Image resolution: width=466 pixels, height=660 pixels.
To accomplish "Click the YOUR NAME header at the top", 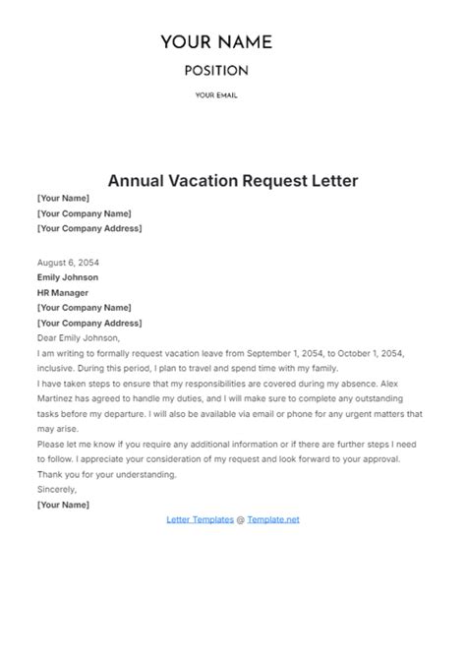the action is (216, 42).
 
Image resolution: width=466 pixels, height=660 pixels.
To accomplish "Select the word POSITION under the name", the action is (216, 71).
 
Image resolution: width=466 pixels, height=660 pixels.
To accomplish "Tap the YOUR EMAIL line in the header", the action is (216, 95).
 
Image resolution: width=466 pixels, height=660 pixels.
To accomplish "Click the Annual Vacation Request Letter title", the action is (233, 181).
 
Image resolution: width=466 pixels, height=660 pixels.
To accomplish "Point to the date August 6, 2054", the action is (68, 264).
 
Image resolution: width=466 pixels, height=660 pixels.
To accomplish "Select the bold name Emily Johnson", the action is (68, 277).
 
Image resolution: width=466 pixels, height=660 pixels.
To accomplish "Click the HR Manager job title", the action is (63, 292).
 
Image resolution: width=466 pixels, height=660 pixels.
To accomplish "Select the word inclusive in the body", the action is (60, 367).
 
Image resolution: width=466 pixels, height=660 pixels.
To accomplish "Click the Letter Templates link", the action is (201, 519).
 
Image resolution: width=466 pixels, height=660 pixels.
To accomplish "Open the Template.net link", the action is (273, 519).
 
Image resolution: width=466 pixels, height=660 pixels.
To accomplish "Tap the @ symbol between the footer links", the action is (241, 519).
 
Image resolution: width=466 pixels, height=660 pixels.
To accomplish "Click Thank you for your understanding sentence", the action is (107, 474).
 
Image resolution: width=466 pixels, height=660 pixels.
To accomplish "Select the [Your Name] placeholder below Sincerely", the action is (63, 505).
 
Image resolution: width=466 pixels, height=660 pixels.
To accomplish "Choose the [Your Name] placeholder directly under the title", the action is (63, 199).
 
